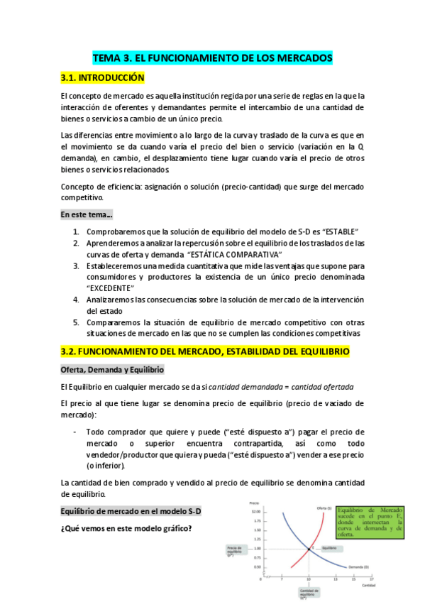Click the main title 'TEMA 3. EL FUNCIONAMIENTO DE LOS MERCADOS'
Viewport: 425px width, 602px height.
[212, 58]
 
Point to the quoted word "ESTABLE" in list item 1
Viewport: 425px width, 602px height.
[337, 232]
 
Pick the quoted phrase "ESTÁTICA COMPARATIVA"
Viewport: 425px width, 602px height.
[235, 254]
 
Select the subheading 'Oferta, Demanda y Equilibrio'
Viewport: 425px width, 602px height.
[112, 370]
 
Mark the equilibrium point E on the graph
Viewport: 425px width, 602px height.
[309, 548]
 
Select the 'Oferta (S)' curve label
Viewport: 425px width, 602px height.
[326, 508]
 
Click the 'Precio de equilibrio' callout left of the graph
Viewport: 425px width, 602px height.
[237, 550]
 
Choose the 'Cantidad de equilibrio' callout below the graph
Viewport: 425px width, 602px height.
[309, 591]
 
